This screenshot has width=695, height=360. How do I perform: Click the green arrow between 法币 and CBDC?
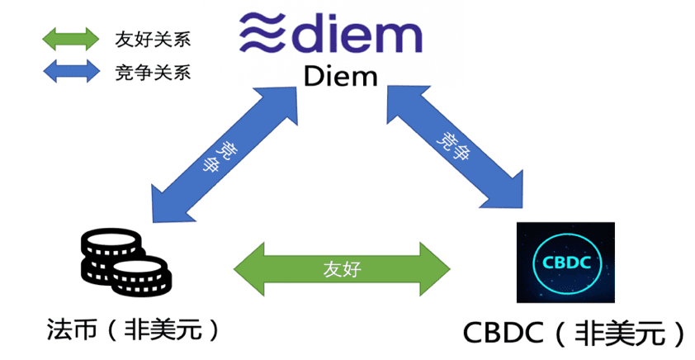343,268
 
